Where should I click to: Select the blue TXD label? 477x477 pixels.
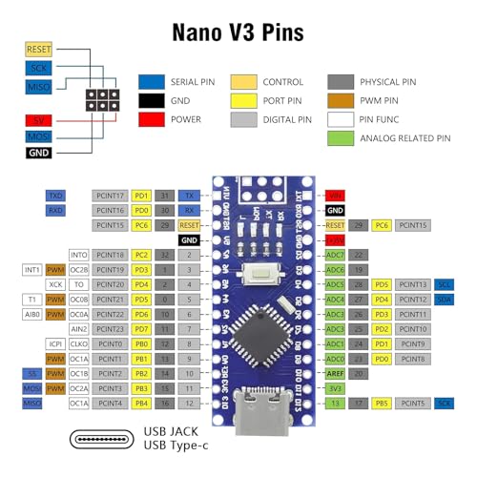coord(56,196)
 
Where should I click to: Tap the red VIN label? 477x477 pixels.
coord(335,196)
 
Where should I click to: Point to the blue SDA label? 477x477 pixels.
coord(445,299)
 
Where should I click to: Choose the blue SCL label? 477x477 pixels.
coord(445,284)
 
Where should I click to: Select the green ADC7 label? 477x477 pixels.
coord(335,255)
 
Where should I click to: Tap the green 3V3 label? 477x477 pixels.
coord(335,388)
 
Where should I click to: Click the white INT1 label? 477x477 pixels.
coord(31,269)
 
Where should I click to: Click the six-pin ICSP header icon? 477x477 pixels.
coord(98,98)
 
